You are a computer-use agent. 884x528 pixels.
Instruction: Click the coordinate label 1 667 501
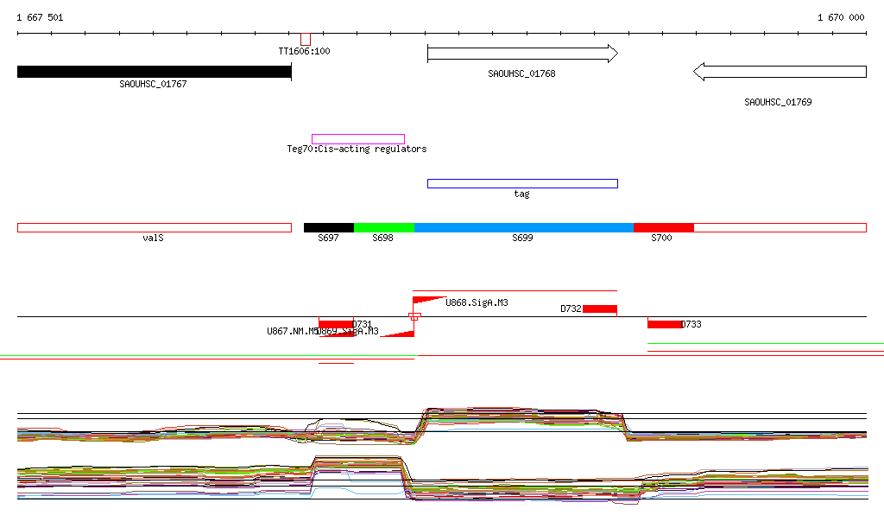pyautogui.click(x=40, y=17)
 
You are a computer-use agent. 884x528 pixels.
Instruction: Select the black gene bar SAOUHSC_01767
pyautogui.click(x=154, y=72)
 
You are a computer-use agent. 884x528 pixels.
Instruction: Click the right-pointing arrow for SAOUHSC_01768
pyautogui.click(x=522, y=54)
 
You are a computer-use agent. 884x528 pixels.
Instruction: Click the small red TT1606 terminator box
pyautogui.click(x=305, y=39)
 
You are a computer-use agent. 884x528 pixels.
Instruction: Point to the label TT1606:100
pyautogui.click(x=304, y=51)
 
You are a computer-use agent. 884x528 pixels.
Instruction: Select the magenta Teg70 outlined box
pyautogui.click(x=357, y=139)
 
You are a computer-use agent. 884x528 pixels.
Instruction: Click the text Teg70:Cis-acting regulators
pyautogui.click(x=357, y=149)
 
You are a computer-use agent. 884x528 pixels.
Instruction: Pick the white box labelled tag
pyautogui.click(x=522, y=183)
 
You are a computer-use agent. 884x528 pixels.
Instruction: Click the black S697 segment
pyautogui.click(x=328, y=227)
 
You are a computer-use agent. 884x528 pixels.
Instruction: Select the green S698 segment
pyautogui.click(x=383, y=227)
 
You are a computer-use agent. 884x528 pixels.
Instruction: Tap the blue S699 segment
pyautogui.click(x=523, y=227)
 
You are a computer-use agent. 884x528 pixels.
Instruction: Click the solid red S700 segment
pyautogui.click(x=663, y=227)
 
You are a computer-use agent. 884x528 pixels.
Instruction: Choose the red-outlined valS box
pyautogui.click(x=154, y=227)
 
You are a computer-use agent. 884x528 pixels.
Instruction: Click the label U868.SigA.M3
pyautogui.click(x=477, y=302)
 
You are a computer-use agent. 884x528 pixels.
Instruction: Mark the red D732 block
pyautogui.click(x=599, y=309)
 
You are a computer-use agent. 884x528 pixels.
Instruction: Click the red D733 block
pyautogui.click(x=664, y=324)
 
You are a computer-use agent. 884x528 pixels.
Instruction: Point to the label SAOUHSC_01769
pyautogui.click(x=778, y=102)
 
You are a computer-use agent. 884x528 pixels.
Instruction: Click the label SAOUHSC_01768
pyautogui.click(x=521, y=73)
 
